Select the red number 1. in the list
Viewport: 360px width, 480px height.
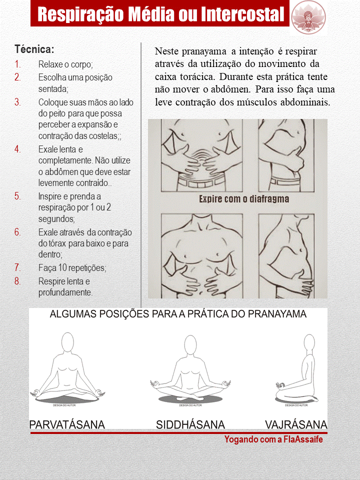tap(18, 64)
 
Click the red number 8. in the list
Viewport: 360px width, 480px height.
tap(18, 281)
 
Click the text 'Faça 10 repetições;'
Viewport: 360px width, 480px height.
tap(72, 268)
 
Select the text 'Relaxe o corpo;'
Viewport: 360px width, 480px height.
tap(66, 64)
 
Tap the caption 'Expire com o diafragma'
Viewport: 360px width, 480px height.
tap(244, 198)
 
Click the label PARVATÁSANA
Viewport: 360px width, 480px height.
tap(67, 425)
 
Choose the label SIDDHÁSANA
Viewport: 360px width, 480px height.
tap(190, 425)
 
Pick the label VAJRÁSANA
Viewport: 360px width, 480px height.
tap(296, 425)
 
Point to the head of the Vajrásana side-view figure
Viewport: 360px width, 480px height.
tap(309, 343)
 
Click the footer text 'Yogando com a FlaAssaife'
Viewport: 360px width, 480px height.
tap(273, 439)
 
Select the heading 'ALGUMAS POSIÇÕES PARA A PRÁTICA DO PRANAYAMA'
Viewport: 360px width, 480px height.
tap(178, 315)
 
